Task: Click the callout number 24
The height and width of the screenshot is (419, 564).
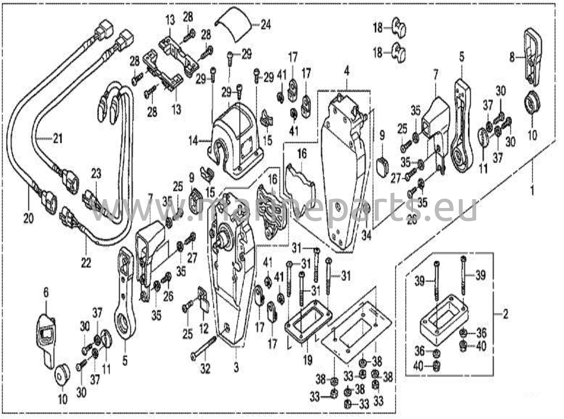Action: coord(265,25)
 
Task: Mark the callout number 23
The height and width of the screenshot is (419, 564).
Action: coord(96,174)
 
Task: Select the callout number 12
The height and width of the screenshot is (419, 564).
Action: coord(204,329)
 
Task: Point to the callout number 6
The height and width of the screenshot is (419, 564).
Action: coord(46,293)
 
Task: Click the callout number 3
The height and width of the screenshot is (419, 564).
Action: coord(236,368)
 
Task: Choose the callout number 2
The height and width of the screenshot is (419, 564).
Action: coord(506,314)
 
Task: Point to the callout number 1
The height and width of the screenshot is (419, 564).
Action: coord(532,190)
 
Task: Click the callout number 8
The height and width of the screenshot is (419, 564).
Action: coord(512,58)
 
